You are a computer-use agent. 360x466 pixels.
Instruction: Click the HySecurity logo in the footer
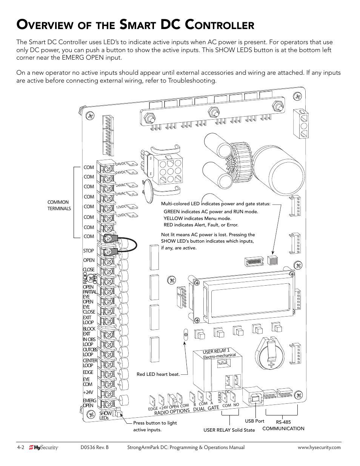point(44,448)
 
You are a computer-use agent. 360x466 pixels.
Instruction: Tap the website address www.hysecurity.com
point(319,448)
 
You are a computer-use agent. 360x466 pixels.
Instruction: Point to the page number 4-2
point(20,448)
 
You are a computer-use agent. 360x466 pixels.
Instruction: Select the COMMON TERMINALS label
point(59,205)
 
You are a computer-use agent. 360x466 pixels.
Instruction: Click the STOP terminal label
point(89,251)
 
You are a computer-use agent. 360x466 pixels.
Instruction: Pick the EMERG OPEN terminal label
point(89,403)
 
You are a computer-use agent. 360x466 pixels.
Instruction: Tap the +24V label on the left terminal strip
point(88,392)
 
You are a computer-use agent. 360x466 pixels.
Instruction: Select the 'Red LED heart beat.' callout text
point(158,374)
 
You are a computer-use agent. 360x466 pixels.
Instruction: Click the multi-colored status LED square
point(272,260)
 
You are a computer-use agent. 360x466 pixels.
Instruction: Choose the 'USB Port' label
point(255,421)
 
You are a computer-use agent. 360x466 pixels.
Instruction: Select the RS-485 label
point(283,422)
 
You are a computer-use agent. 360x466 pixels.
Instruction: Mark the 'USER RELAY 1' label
point(216,351)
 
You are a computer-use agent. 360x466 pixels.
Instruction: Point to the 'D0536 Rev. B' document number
point(94,448)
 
